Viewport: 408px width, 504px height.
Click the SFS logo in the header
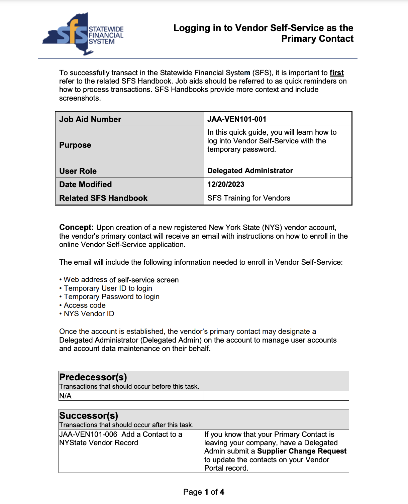tap(83, 34)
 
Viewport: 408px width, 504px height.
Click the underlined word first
tap(336, 73)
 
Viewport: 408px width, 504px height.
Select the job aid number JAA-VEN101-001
tap(237, 119)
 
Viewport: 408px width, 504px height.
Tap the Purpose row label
tap(75, 145)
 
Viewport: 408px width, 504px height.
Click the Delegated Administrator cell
tap(250, 171)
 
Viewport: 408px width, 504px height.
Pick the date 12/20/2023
tap(226, 184)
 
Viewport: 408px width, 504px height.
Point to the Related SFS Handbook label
tap(103, 198)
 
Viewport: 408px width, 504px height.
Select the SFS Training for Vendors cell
tap(249, 198)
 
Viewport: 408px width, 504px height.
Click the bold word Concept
tap(76, 228)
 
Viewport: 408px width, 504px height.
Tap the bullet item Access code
tap(85, 305)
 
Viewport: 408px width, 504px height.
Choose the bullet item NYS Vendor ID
tap(89, 314)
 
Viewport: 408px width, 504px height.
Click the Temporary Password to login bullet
tap(112, 297)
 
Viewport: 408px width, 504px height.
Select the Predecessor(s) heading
tap(93, 377)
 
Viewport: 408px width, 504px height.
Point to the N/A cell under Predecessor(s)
tap(66, 396)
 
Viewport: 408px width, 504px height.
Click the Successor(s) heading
tap(89, 416)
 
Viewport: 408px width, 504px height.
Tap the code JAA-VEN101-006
tap(88, 434)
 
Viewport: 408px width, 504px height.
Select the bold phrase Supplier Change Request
tap(302, 451)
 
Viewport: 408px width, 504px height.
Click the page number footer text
tap(204, 492)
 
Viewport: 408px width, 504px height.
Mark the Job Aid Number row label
tap(90, 119)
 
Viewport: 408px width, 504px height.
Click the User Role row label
tap(78, 171)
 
